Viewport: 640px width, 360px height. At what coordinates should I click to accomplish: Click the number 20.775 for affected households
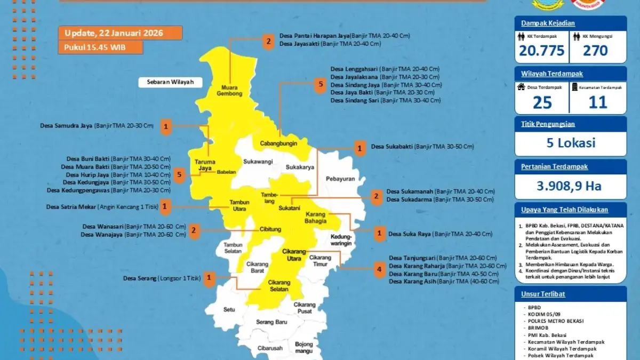541,51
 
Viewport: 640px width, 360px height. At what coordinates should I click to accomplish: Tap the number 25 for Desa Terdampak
542,102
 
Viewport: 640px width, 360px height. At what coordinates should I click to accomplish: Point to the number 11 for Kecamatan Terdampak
597,102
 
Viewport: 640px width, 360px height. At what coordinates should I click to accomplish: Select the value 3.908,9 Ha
570,186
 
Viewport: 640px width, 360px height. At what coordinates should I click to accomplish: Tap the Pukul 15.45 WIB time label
100,47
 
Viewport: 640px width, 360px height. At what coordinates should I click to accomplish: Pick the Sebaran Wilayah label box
166,82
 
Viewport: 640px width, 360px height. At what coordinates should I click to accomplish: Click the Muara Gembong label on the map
229,91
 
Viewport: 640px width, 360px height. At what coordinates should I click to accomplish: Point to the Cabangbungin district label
278,143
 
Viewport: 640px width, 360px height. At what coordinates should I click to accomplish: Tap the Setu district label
229,309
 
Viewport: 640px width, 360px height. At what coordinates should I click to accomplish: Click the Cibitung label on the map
270,229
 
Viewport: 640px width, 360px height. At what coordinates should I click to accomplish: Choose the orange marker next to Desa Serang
209,278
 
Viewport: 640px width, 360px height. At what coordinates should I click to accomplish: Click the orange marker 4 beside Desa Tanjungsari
379,270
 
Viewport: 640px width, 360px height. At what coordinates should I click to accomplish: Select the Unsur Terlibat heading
543,294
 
